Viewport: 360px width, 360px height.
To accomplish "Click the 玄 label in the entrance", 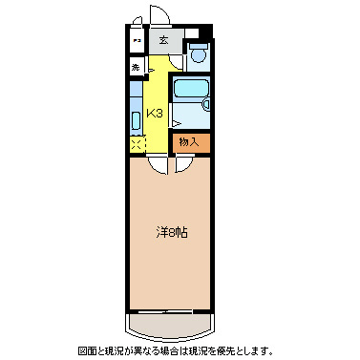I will pos(163,40).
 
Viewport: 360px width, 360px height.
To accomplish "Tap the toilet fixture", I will pos(198,53).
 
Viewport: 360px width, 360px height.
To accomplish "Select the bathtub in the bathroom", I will pos(191,93).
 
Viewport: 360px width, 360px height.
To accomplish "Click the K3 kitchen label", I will pos(156,113).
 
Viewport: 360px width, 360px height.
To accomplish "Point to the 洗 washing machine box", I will pos(136,68).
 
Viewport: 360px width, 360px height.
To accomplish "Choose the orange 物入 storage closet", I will pos(188,141).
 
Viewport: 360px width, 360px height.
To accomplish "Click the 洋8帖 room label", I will pos(171,232).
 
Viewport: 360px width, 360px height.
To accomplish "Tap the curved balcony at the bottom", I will pos(170,325).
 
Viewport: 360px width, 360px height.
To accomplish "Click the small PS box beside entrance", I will pos(136,42).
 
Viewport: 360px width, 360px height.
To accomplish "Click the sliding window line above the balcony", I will pos(170,311).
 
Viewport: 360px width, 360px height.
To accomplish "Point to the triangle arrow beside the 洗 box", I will pos(150,70).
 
